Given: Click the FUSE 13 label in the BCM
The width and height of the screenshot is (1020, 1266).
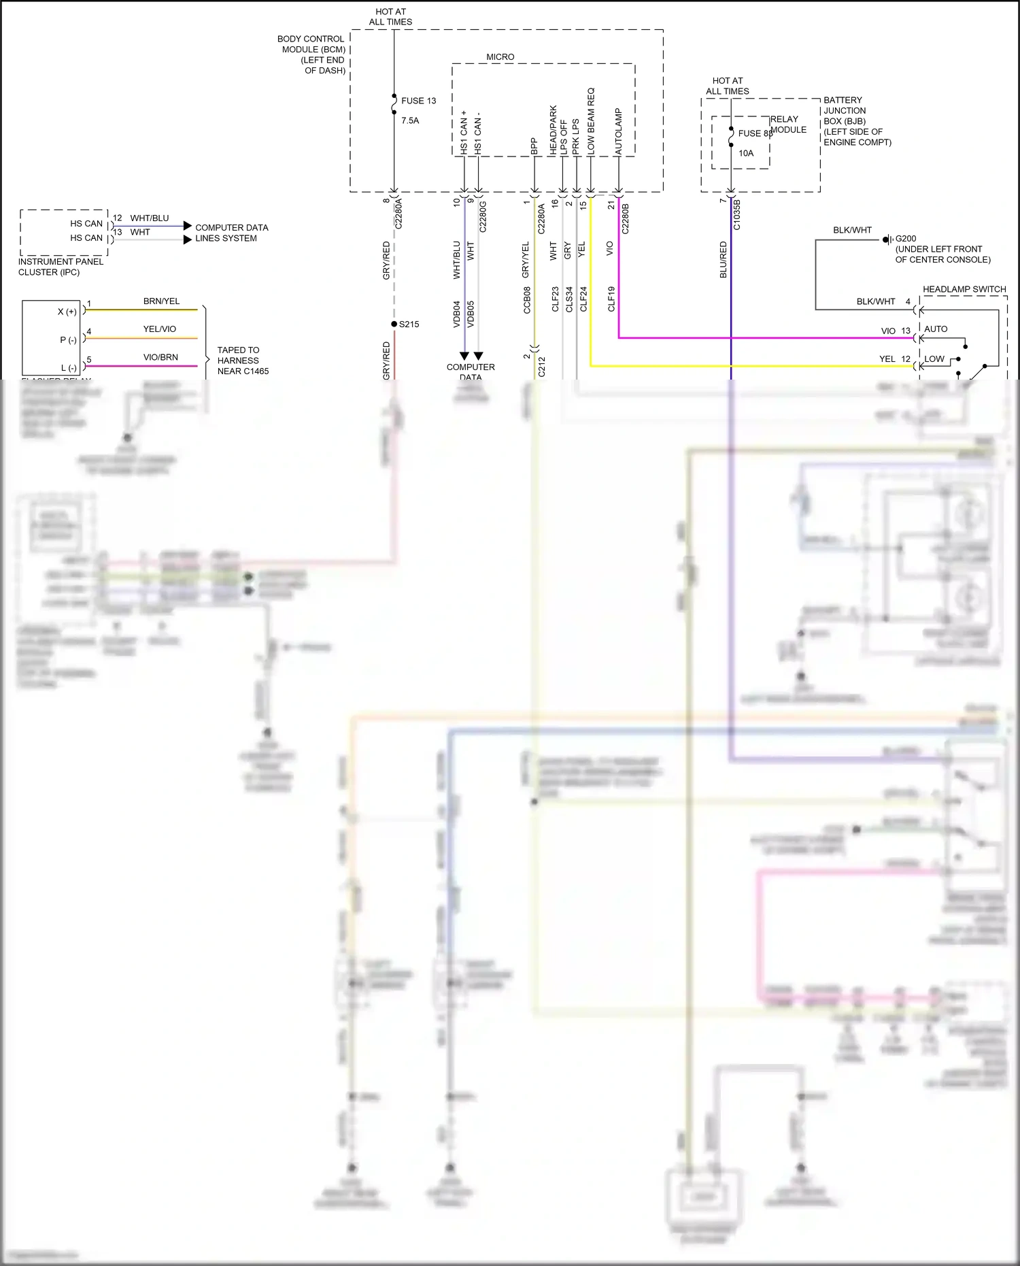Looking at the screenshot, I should (418, 101).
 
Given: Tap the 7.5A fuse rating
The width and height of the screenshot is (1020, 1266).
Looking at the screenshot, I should (410, 120).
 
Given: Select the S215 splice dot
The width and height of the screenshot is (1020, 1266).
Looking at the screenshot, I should (394, 324).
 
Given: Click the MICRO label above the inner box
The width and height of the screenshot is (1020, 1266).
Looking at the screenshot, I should (500, 57).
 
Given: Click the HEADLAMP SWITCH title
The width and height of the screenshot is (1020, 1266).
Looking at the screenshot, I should (964, 289).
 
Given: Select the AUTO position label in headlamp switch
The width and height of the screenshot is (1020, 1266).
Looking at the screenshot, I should (936, 329).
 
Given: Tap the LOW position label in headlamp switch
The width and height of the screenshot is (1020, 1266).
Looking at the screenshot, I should (934, 359).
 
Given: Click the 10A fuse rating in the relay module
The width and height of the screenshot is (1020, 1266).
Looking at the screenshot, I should (746, 153).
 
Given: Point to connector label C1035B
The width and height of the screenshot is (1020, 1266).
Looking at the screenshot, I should (737, 215).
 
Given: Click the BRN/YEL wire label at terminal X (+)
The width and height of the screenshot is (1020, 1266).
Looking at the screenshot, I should (161, 301).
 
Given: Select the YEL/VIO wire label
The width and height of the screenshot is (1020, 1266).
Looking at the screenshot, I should (159, 329).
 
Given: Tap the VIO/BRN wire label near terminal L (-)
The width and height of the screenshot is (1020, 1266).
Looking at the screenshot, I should (160, 357).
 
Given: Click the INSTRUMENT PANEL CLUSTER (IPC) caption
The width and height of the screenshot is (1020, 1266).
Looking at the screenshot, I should (61, 267).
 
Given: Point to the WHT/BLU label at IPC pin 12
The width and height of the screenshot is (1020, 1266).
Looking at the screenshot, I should (150, 218).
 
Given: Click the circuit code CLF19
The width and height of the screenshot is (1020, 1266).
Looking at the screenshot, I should (611, 299).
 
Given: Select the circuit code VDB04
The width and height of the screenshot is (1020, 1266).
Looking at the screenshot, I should (457, 314).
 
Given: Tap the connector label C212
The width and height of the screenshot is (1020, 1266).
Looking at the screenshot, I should (542, 367).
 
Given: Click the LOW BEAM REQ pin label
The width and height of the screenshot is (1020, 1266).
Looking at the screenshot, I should (591, 120).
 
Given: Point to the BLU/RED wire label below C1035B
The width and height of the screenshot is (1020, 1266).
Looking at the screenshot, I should (724, 260).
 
